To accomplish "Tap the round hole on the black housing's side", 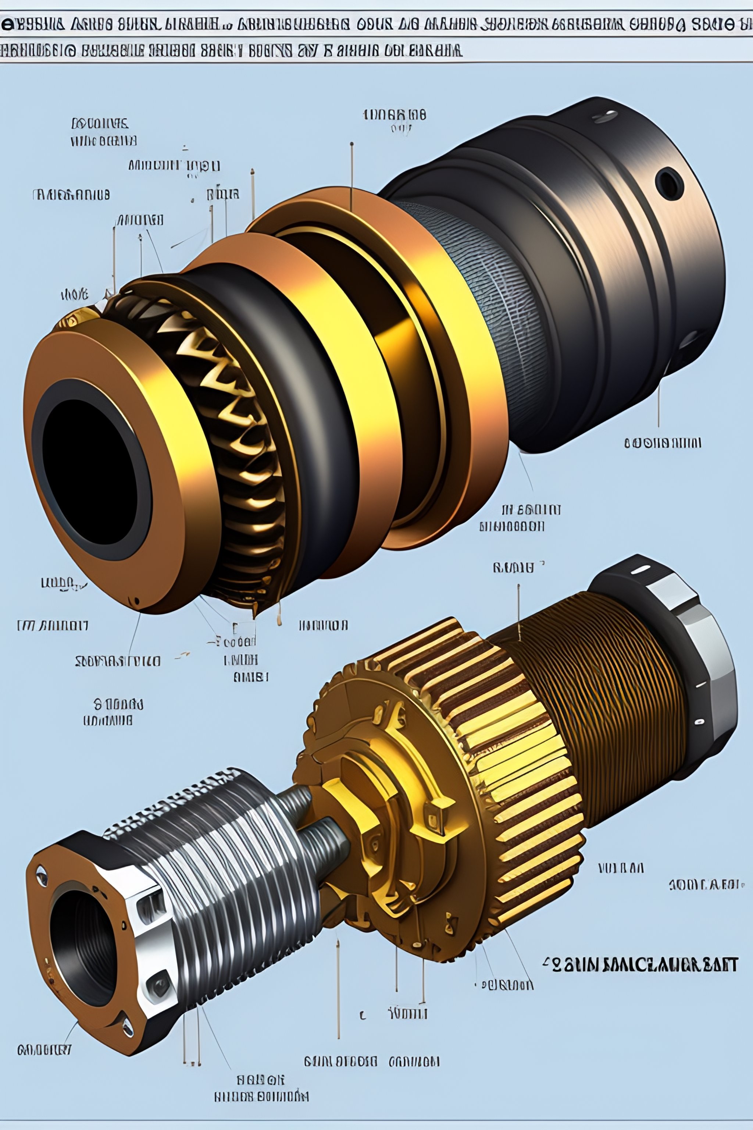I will pyautogui.click(x=668, y=184).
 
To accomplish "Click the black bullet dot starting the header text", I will pyautogui.click(x=8, y=25).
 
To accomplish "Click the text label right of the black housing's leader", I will pyautogui.click(x=663, y=443).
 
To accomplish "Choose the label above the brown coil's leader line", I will pyautogui.click(x=513, y=568).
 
